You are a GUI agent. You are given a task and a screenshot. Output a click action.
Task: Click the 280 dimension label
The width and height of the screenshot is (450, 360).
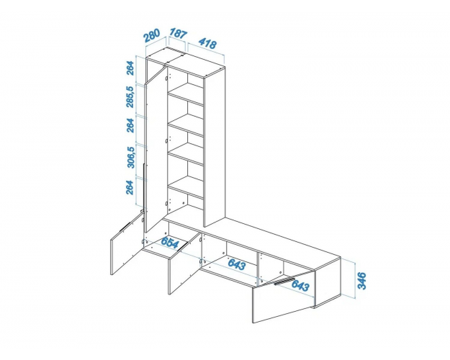pyautogui.click(x=151, y=35)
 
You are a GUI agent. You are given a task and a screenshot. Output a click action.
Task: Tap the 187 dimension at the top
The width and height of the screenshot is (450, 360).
pyautogui.click(x=178, y=33)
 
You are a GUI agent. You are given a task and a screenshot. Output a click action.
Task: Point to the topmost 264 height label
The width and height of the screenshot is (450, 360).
pyautogui.click(x=130, y=68)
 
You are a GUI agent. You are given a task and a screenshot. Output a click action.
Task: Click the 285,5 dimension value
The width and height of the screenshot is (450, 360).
pyautogui.click(x=130, y=96)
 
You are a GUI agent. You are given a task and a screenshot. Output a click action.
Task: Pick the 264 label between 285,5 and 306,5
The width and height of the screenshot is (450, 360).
pyautogui.click(x=130, y=125)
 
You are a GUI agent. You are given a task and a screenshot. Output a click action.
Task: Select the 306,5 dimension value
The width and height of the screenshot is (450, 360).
pyautogui.click(x=130, y=157)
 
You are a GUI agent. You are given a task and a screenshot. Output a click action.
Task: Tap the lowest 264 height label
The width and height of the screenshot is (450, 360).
pyautogui.click(x=130, y=187)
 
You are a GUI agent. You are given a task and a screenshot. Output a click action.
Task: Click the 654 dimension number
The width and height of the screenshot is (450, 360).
pyautogui.click(x=170, y=243)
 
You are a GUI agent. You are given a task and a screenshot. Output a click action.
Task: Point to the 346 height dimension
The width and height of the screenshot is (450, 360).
pyautogui.click(x=362, y=281)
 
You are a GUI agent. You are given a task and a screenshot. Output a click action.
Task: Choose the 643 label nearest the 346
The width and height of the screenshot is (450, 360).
pyautogui.click(x=300, y=285)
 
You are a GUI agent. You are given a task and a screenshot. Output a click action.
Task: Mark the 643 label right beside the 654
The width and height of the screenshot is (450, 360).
pyautogui.click(x=237, y=264)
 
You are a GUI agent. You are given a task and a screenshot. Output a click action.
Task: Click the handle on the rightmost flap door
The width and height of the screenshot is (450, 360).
pyautogui.click(x=284, y=281)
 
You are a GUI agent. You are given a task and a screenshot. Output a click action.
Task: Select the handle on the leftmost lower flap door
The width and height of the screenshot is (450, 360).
pyautogui.click(x=125, y=226)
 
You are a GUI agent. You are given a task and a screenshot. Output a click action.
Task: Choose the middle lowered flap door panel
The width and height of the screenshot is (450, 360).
pyautogui.click(x=184, y=264)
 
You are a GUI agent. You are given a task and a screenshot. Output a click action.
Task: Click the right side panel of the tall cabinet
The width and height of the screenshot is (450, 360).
pyautogui.click(x=215, y=146)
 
